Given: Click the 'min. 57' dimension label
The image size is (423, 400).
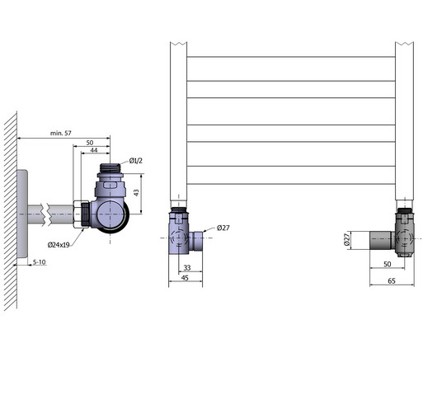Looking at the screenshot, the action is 61,134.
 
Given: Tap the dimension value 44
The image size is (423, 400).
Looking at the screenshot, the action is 94,150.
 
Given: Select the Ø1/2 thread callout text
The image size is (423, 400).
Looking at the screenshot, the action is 136,161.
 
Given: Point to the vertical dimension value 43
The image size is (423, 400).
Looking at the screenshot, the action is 136,192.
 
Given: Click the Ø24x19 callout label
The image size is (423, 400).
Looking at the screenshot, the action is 59,245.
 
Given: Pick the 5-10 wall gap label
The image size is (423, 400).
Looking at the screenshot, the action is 39,262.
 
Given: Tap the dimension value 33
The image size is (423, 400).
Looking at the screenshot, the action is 187,267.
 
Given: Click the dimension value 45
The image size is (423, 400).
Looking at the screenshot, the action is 185,278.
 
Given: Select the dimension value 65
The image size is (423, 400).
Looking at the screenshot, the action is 392,281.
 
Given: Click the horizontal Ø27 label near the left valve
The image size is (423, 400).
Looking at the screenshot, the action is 223,228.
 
